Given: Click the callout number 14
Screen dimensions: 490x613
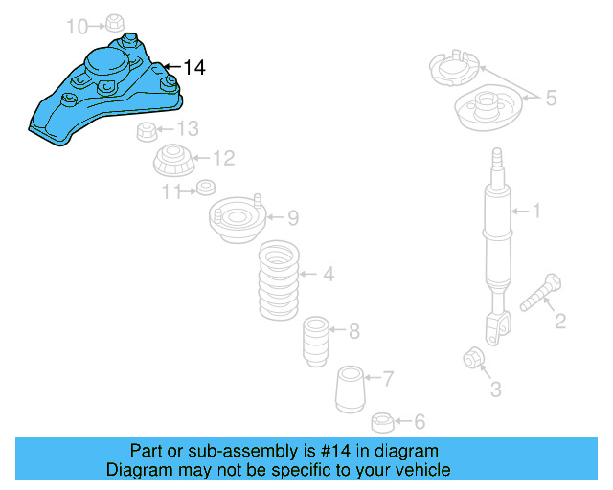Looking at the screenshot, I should pos(193,67).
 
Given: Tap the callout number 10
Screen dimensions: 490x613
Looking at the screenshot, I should pos(76,25).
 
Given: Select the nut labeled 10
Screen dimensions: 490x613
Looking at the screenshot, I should pos(113,21).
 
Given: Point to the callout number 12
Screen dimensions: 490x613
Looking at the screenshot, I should pos(222,158).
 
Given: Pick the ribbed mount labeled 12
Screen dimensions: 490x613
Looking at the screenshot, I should pos(173,160).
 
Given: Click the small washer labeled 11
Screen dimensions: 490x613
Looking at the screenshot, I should pos(204,187).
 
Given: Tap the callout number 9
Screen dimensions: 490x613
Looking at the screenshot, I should pos(292,217).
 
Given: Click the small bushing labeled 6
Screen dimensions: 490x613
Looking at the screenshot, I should pos(382,420).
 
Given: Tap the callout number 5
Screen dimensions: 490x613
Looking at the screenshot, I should pos(550,97).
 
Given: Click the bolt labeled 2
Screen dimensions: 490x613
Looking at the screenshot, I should pos(541,293).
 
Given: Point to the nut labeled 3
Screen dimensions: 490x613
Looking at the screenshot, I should pos(473,358).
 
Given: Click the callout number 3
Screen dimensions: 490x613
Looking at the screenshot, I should pos(494,389).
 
